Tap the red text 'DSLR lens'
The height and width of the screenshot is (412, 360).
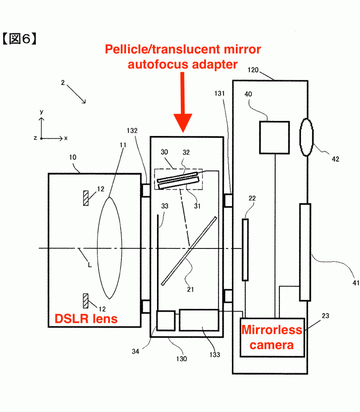click(x=86, y=319)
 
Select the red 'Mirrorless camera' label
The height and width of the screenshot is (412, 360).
click(x=272, y=337)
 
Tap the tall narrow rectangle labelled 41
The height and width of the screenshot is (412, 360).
click(x=305, y=252)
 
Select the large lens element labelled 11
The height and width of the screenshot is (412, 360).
click(x=110, y=248)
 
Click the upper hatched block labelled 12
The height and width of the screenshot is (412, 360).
click(x=85, y=198)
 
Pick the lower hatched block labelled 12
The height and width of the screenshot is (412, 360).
click(x=85, y=300)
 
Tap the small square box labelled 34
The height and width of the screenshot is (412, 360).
click(x=165, y=321)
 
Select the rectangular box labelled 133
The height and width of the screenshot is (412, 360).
click(x=199, y=320)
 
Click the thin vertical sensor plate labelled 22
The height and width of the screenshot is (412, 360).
click(x=245, y=250)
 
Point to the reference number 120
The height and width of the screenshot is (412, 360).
click(x=254, y=70)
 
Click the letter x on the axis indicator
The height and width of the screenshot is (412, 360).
click(x=66, y=138)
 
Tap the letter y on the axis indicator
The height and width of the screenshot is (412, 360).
click(x=41, y=112)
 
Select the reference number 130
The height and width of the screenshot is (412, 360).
click(x=181, y=359)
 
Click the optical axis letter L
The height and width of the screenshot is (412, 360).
click(x=89, y=264)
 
